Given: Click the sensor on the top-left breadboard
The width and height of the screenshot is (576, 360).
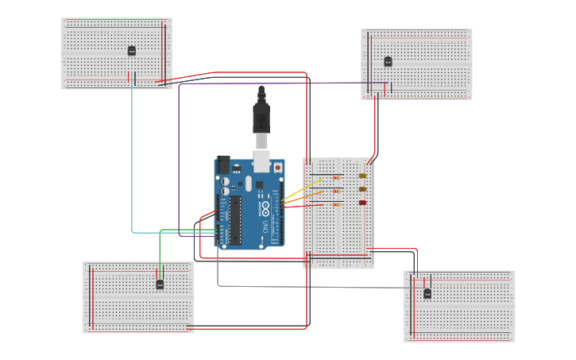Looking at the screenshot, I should coord(132,51).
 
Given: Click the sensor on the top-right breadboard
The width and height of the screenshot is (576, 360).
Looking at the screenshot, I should coord(388,61).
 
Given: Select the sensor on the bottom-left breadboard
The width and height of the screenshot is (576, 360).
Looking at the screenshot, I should coord(160,284).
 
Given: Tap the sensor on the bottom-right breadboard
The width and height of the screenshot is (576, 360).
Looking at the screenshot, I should coord(427,294).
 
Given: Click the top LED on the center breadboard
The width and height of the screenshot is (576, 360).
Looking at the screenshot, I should coord(363,176).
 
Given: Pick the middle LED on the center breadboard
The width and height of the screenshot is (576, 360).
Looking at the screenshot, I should coord(363,189).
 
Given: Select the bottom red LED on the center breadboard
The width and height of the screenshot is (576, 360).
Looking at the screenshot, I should coord(363,203).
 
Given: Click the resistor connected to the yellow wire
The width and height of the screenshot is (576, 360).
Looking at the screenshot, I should coord(336,178).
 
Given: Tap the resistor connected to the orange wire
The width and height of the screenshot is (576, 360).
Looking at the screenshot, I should coord(336,192).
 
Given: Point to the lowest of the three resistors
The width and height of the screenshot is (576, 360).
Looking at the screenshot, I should coord(336,205).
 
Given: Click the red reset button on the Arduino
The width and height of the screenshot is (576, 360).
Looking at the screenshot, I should coord(277,168).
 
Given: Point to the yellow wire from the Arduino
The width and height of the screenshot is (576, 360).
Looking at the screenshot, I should coord(292,195).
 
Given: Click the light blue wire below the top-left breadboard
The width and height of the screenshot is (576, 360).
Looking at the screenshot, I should coord(132,159).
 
